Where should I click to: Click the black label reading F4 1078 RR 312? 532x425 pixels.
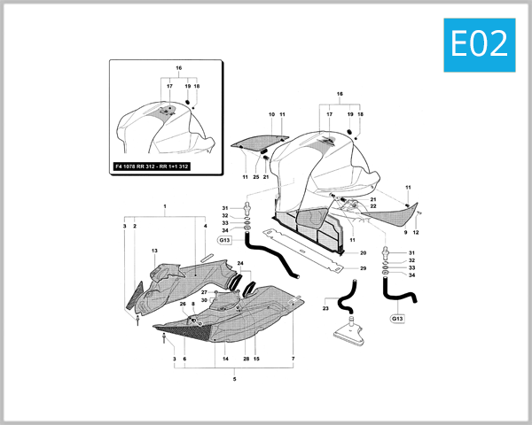tap(153, 166)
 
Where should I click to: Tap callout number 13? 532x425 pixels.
tap(154, 251)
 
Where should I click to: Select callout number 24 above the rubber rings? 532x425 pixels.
tap(239, 263)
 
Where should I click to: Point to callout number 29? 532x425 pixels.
tap(363, 267)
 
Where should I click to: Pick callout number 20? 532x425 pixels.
tap(363, 252)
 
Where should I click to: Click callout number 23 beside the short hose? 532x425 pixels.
tap(325, 308)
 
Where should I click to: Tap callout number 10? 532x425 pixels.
tap(271, 115)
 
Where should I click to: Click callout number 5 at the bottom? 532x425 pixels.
tap(234, 379)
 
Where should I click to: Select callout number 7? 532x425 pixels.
tap(293, 359)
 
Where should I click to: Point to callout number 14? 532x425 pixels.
tap(226, 359)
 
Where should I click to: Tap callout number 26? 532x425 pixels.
tap(184, 305)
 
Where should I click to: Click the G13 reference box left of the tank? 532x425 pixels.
tap(224, 240)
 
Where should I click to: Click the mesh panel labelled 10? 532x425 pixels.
tap(259, 139)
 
